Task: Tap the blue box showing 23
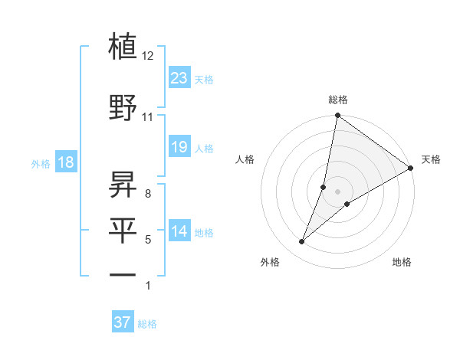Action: tap(179, 78)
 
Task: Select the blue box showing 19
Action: tap(179, 146)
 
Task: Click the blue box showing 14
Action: tap(179, 231)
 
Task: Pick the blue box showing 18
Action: tap(65, 162)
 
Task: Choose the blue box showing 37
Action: tap(123, 322)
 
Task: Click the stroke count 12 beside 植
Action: tap(148, 56)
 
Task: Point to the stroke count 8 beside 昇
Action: tap(147, 193)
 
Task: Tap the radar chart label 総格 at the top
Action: tap(338, 100)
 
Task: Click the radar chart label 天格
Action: tap(431, 159)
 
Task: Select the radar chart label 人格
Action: tap(245, 159)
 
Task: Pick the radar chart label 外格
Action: tap(269, 262)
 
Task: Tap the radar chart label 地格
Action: tap(402, 262)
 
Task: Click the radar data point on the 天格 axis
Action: tap(411, 168)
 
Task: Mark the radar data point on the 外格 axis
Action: tap(302, 242)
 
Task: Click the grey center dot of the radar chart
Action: tap(338, 191)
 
